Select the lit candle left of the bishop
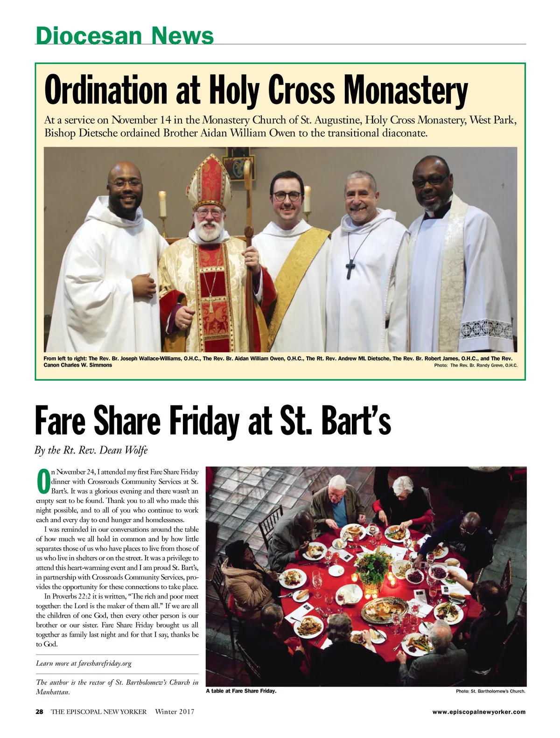(162, 204)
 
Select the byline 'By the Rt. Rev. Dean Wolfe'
(91, 450)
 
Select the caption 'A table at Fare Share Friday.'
(241, 691)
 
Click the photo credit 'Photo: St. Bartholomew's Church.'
(490, 691)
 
